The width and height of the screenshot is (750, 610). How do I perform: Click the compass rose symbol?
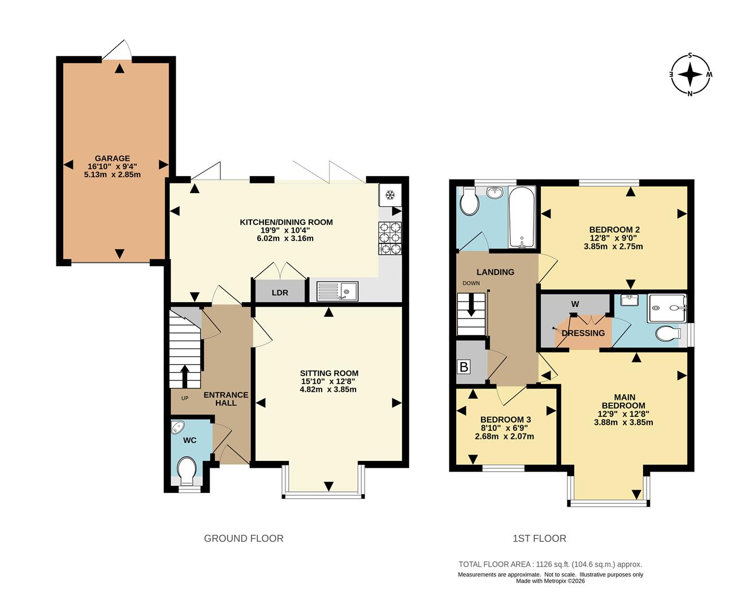pyautogui.click(x=690, y=74)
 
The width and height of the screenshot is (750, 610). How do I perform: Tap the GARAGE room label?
pyautogui.click(x=112, y=158)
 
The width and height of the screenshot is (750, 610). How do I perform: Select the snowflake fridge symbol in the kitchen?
pyautogui.click(x=390, y=194)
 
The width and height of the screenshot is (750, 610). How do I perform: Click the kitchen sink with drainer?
pyautogui.click(x=337, y=291)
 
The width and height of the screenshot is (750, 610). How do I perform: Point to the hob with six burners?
pyautogui.click(x=390, y=238)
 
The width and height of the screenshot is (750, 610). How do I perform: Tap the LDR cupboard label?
pyautogui.click(x=280, y=293)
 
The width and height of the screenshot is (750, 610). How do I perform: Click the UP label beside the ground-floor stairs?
pyautogui.click(x=185, y=398)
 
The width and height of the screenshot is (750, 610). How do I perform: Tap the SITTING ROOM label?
pyautogui.click(x=330, y=373)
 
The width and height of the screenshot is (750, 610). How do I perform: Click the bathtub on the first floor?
pyautogui.click(x=522, y=217)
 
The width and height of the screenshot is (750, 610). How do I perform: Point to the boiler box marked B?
pyautogui.click(x=464, y=367)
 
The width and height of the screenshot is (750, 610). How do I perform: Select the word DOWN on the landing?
pyautogui.click(x=471, y=283)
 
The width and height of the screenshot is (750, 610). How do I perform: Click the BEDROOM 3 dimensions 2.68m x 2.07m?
pyautogui.click(x=504, y=437)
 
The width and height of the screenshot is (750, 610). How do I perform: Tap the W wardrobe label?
pyautogui.click(x=575, y=304)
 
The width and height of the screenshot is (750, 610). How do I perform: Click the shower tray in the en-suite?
pyautogui.click(x=667, y=308)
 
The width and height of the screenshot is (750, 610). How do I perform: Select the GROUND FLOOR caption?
pyautogui.click(x=244, y=539)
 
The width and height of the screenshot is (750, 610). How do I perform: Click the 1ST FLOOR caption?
pyautogui.click(x=539, y=539)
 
